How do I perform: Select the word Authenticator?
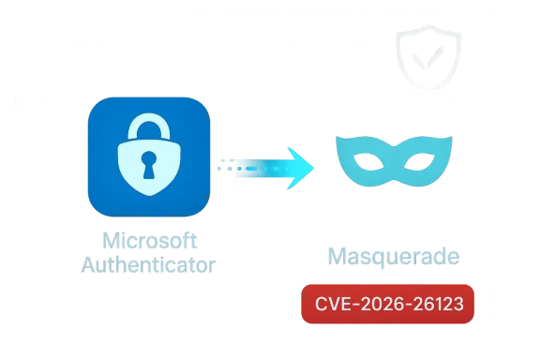click(x=148, y=265)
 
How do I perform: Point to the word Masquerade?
click(x=393, y=255)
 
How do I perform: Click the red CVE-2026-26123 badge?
click(x=389, y=304)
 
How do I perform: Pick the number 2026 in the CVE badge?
click(x=382, y=304)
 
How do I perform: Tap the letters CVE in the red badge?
click(x=333, y=304)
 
